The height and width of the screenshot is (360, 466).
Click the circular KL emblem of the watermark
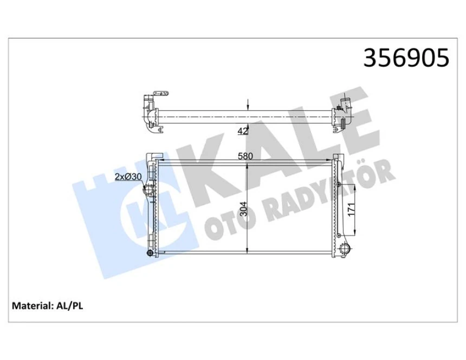pyautogui.click(x=133, y=217)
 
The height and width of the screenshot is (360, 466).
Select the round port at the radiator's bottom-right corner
pyautogui.click(x=345, y=249)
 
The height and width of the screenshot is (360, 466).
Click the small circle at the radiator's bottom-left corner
pyautogui.click(x=150, y=253)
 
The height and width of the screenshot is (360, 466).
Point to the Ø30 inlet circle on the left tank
pyautogui.click(x=148, y=191)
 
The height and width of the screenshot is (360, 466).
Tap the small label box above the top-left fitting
pyautogui.click(x=161, y=94)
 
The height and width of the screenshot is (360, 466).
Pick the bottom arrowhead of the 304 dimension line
pyautogui.click(x=248, y=252)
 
